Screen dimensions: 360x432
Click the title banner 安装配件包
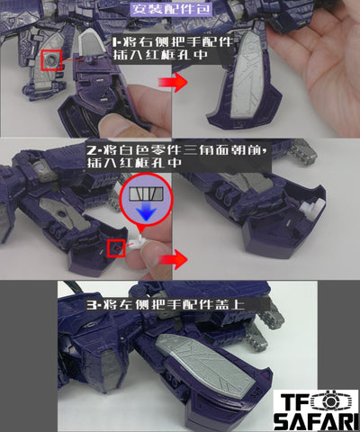click(x=171, y=9)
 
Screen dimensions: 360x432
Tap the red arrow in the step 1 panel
click(x=173, y=82)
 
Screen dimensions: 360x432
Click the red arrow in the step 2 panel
click(x=173, y=259)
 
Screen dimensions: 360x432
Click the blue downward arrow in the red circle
click(x=146, y=211)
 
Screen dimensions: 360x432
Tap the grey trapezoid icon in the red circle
click(x=146, y=193)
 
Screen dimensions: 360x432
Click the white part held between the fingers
click(x=140, y=242)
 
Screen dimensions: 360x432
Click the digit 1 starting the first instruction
click(x=114, y=41)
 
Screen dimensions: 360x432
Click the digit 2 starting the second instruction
click(x=91, y=150)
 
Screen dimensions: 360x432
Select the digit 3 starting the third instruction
click(x=91, y=305)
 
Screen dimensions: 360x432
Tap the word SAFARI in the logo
click(x=316, y=422)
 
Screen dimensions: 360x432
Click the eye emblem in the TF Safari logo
click(x=330, y=401)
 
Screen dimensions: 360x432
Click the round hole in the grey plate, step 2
click(x=62, y=214)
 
